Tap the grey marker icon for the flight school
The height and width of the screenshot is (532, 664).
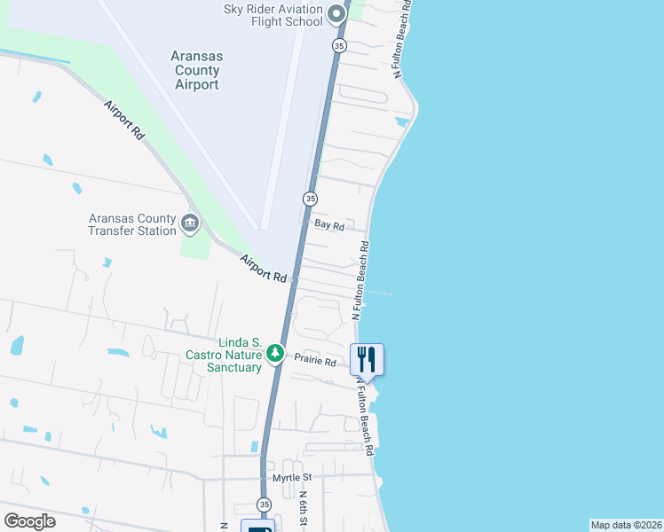tap(336, 13)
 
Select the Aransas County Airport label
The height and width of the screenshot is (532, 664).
tap(196, 70)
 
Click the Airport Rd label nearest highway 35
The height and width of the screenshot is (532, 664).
tap(264, 269)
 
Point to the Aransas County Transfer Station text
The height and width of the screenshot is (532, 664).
tap(132, 224)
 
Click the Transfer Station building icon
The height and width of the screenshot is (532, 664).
tap(190, 222)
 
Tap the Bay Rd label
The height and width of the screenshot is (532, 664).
tap(329, 225)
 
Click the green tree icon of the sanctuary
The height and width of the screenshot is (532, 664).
tap(275, 354)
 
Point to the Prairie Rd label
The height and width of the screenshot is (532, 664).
tap(316, 362)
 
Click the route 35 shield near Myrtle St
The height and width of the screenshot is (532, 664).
tap(264, 505)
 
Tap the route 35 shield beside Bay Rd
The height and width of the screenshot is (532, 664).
tap(310, 199)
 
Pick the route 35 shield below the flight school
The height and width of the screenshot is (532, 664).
tap(339, 45)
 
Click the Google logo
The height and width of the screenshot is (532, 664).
tap(29, 521)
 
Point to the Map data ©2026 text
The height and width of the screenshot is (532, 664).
tap(627, 525)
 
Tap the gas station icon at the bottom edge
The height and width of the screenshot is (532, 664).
tap(257, 527)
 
